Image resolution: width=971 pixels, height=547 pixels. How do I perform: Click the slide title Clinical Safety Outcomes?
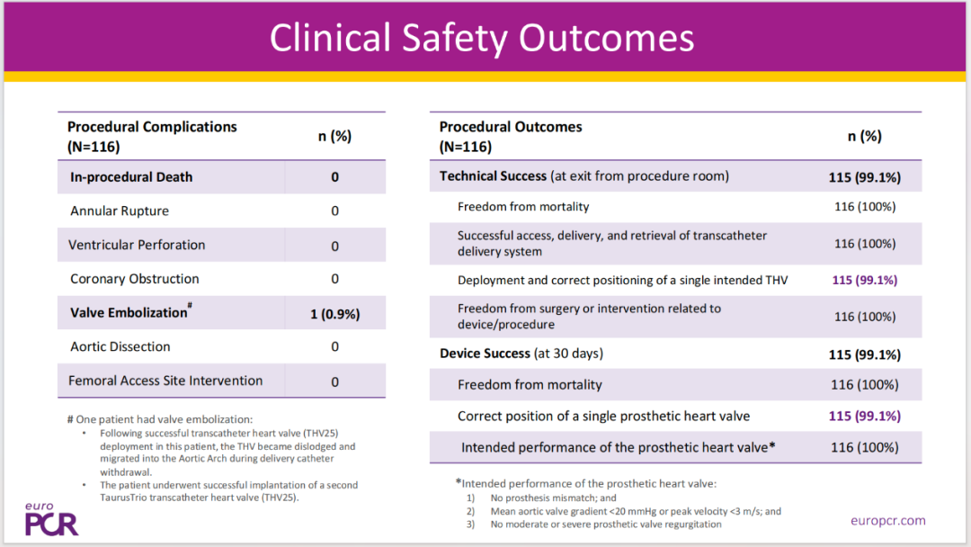tap(482, 38)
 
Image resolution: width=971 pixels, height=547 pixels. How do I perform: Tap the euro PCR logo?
tap(51, 519)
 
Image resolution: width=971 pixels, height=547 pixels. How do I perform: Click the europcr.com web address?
tap(888, 520)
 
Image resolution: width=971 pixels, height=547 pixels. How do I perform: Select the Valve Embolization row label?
tap(130, 311)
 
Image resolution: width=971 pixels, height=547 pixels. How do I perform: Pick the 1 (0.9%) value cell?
tap(335, 314)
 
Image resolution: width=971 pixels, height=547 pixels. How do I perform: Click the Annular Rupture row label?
tap(120, 211)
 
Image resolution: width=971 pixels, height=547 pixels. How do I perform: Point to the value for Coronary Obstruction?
tap(335, 279)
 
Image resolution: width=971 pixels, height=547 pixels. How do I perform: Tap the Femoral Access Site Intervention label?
tap(165, 381)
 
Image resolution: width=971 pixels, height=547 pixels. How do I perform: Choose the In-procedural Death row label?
tap(131, 177)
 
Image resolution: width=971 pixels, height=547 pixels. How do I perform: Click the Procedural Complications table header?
tap(152, 136)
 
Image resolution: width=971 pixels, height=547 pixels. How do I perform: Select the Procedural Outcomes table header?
tap(511, 136)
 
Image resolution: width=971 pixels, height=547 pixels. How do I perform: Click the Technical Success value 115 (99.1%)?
tap(865, 177)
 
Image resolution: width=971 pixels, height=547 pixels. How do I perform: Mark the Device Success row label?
tap(521, 353)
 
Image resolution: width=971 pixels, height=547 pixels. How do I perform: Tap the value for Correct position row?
tap(865, 416)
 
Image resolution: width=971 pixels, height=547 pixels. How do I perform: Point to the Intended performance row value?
tap(865, 447)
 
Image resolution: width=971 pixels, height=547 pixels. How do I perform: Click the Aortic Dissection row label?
tap(120, 346)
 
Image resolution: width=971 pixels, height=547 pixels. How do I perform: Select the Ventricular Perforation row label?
tap(137, 245)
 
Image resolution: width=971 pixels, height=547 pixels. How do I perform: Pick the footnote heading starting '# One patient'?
tap(160, 419)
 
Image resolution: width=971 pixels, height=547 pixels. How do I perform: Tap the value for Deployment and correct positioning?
tap(865, 280)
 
